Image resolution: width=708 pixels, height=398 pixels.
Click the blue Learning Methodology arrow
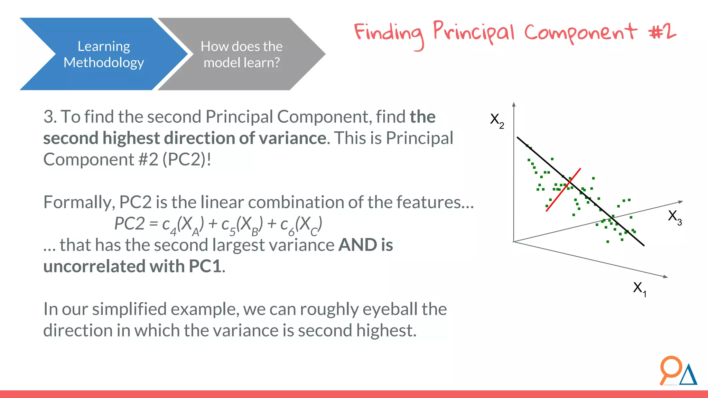104,54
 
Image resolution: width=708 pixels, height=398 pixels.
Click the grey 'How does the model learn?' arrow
241,54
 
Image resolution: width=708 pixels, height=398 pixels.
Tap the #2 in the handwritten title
662,32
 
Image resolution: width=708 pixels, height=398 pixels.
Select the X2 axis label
497,121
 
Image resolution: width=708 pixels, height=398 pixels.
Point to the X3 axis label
674,217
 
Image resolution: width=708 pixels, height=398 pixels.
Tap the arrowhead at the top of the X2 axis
514,104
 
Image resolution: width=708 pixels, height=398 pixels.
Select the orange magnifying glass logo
670,369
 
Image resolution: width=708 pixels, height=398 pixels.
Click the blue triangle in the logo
688,376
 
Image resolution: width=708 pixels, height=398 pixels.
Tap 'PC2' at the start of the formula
129,224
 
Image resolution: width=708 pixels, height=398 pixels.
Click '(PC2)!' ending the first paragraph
187,160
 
